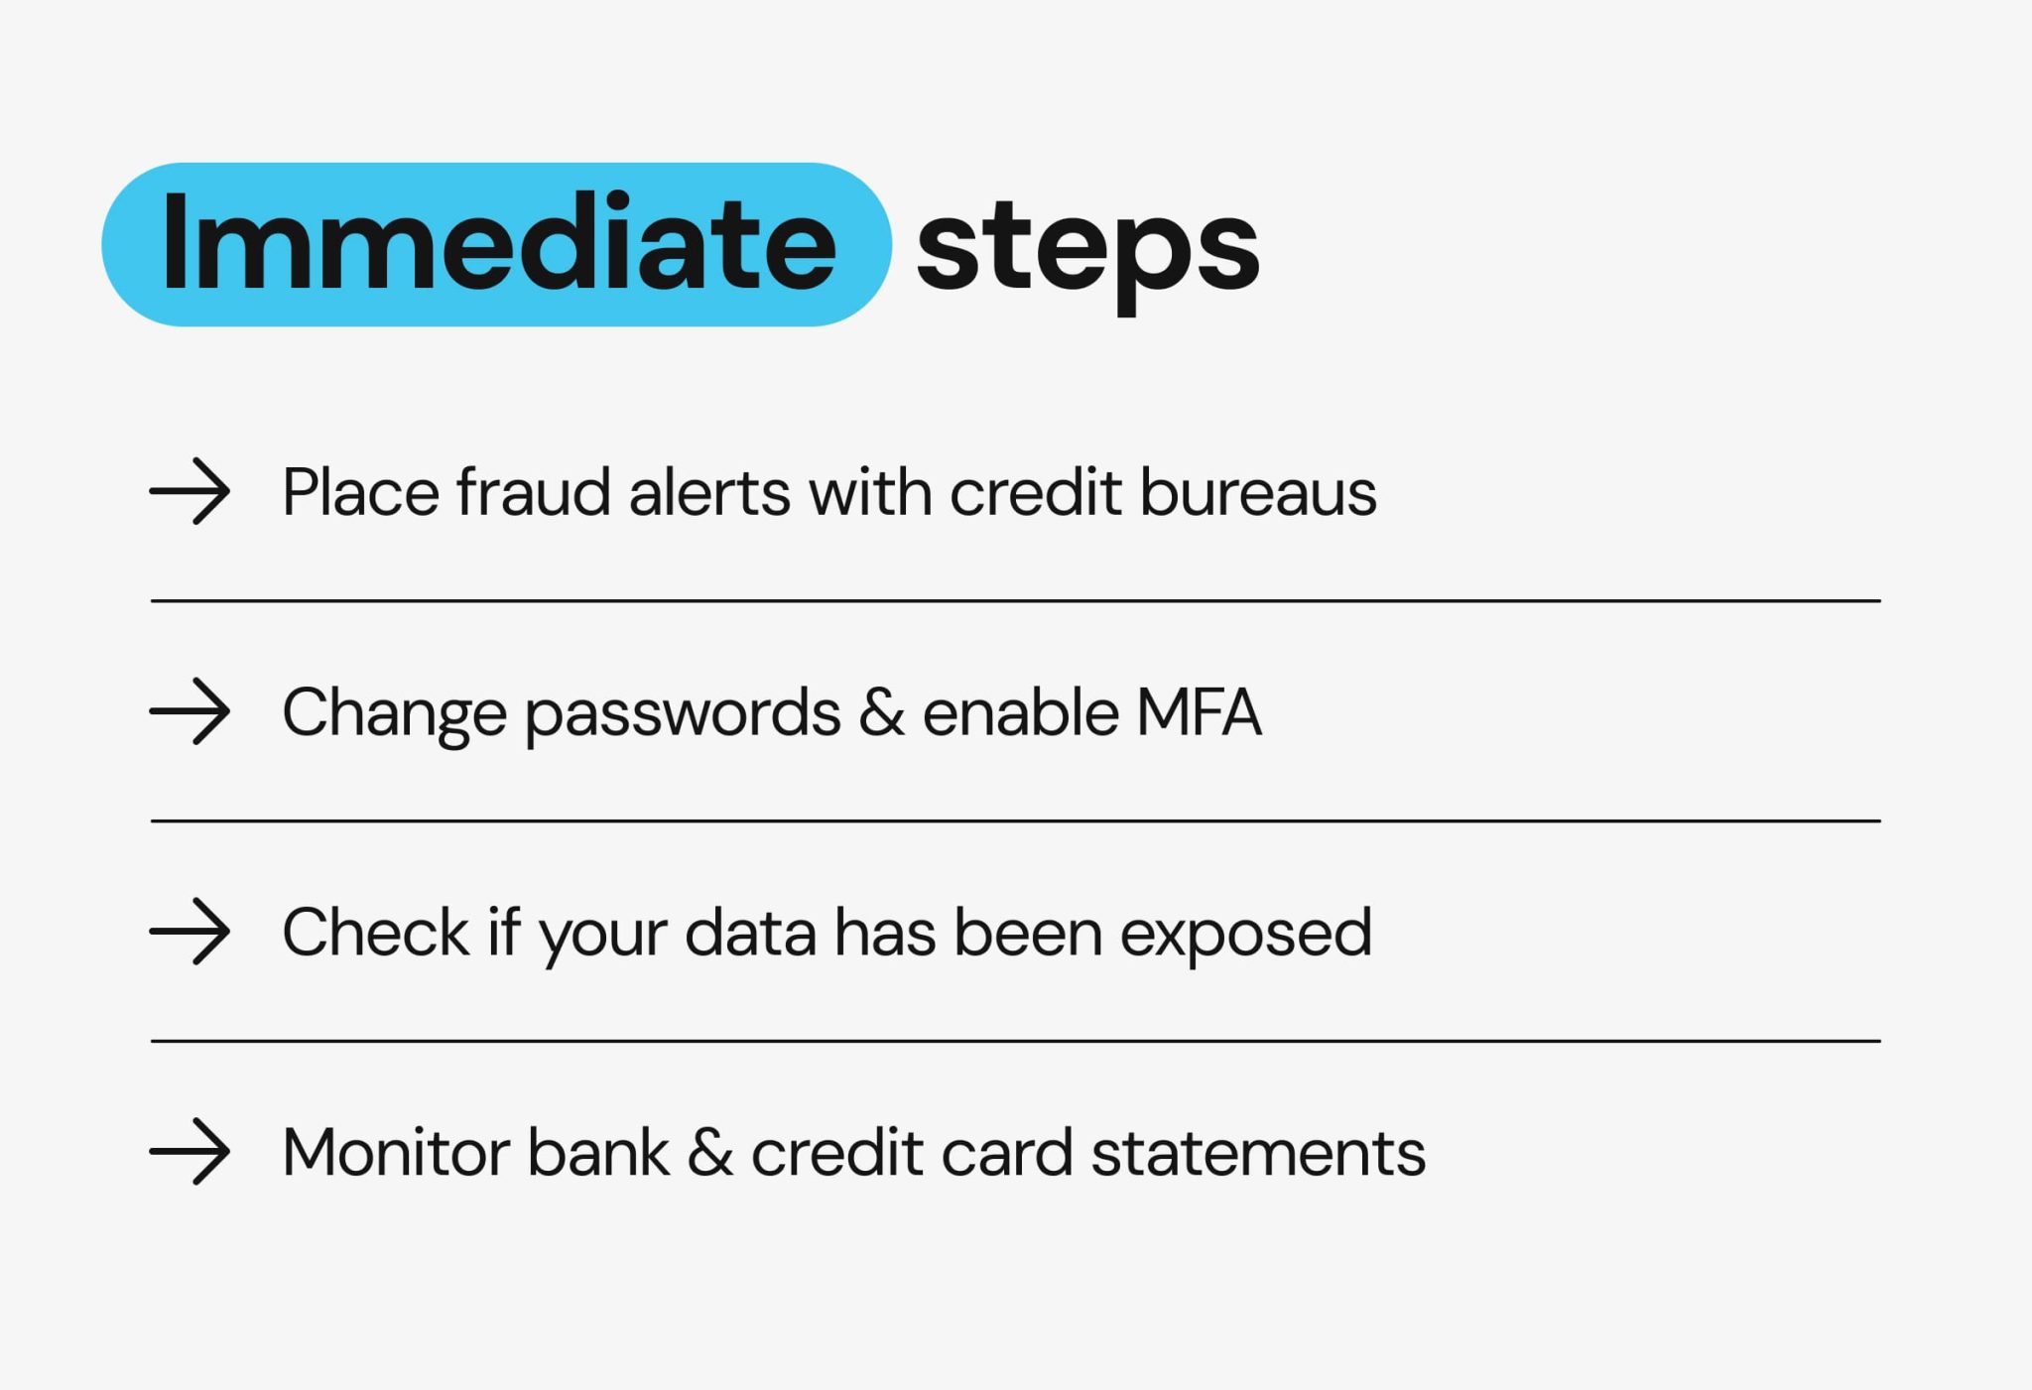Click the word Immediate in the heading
coord(498,243)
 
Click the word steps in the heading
coord(1087,248)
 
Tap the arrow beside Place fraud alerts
coord(190,491)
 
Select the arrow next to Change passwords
coord(190,711)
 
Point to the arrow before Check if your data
coord(190,932)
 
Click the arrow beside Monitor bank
coord(190,1152)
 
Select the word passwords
coord(683,713)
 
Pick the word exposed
coord(1245,934)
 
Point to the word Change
coord(394,713)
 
